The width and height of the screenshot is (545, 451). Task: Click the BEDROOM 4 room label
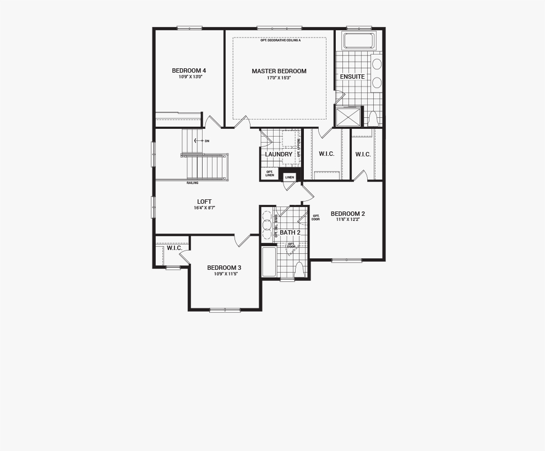(189, 70)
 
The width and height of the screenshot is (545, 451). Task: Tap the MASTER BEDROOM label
(279, 71)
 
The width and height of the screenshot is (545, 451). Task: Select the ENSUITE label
(352, 77)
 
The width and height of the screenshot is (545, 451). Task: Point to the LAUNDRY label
(278, 154)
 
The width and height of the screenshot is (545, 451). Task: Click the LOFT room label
(204, 202)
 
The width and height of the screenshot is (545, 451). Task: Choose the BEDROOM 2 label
(347, 214)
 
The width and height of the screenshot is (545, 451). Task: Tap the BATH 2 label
(290, 232)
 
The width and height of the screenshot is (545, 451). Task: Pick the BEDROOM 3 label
(224, 268)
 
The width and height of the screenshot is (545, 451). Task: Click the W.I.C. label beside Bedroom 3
(175, 248)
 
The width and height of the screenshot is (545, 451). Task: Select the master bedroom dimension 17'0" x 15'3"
(279, 78)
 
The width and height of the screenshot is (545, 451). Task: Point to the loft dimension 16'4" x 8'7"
(204, 208)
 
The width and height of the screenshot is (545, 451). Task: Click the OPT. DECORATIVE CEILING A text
(281, 41)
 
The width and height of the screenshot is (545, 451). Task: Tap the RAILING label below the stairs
(192, 183)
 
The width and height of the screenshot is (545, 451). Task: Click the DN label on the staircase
(206, 141)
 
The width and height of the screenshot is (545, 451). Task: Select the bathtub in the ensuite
(358, 41)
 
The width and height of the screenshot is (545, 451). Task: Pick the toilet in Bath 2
(299, 270)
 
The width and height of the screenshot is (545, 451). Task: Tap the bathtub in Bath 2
(269, 262)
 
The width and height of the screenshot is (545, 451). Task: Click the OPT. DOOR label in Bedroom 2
(315, 218)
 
